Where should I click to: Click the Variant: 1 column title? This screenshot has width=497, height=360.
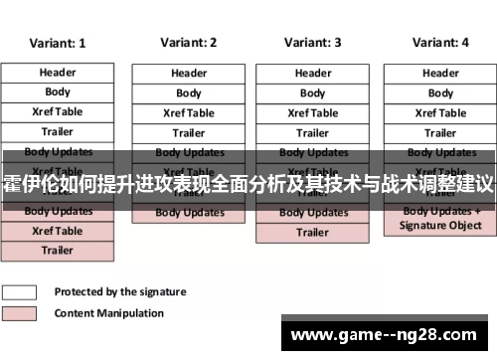[x=58, y=44]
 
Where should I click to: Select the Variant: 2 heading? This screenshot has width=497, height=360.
[x=188, y=44]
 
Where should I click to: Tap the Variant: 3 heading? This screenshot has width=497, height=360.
[x=312, y=43]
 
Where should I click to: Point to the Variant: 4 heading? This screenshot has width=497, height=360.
[x=440, y=43]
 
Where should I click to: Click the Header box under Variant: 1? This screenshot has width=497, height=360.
[x=58, y=73]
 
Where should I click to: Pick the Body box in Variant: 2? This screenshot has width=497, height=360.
[x=189, y=93]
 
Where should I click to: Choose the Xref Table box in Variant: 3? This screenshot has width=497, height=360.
[x=313, y=113]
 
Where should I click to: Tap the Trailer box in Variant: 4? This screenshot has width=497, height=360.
[x=440, y=133]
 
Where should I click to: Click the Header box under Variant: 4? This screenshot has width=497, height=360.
[x=440, y=73]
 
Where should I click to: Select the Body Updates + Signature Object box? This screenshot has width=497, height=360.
[x=440, y=219]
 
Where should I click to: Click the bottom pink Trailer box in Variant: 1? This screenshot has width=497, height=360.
[x=58, y=251]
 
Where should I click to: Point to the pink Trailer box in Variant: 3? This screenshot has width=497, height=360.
[x=313, y=233]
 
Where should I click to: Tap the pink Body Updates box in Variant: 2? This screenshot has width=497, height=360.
[x=189, y=213]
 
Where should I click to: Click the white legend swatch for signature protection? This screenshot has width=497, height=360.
[x=20, y=292]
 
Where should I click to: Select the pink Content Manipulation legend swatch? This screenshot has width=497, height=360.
[x=20, y=313]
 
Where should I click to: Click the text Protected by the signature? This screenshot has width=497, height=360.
[x=119, y=292]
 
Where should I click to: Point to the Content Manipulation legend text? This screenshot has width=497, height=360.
[x=109, y=313]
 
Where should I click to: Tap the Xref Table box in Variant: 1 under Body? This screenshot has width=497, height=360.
[x=58, y=112]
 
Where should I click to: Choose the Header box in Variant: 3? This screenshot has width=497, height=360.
[x=313, y=73]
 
